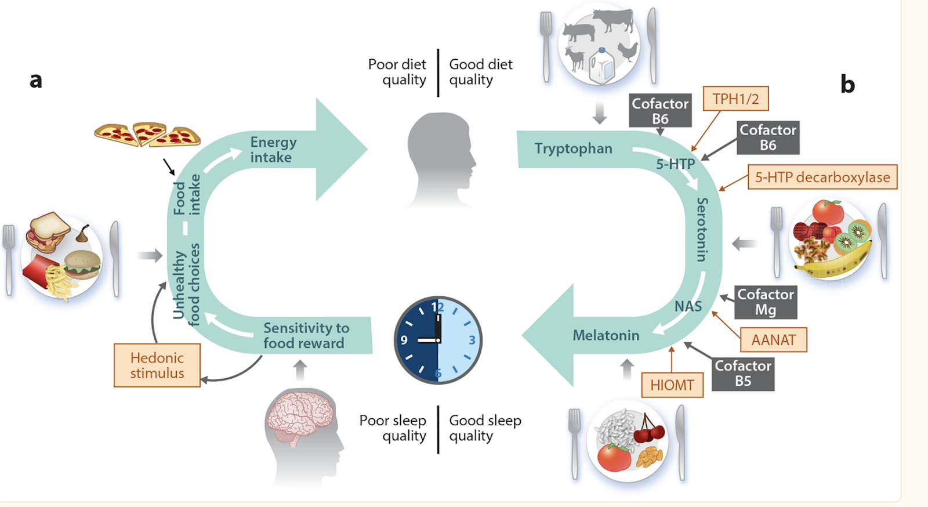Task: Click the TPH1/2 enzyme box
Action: click(x=735, y=99)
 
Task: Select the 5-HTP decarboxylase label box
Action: click(x=822, y=177)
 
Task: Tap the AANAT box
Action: click(x=773, y=340)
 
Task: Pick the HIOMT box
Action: click(x=672, y=385)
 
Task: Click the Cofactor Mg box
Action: click(x=766, y=302)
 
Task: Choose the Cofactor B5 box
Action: click(x=743, y=374)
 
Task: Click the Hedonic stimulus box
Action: click(x=157, y=365)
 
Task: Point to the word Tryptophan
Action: click(x=573, y=149)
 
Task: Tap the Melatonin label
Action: click(x=606, y=335)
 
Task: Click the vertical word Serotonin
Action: click(x=702, y=229)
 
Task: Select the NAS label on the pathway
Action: click(x=688, y=306)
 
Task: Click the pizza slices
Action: click(x=148, y=135)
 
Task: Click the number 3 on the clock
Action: click(x=472, y=340)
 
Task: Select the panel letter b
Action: click(x=847, y=85)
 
